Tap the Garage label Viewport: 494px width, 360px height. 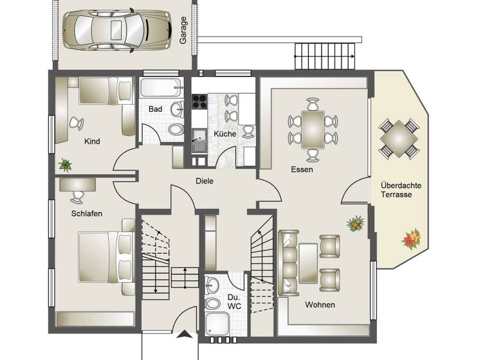tap(183, 30)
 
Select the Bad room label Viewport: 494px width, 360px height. tap(155, 109)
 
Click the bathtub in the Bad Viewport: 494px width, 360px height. tap(160, 87)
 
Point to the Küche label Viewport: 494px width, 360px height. tap(225, 134)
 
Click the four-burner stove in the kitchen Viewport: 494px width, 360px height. tap(199, 101)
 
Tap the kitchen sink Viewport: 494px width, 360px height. tap(198, 140)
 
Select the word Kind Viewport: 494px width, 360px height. tap(92, 141)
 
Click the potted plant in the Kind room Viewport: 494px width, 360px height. tap(65, 165)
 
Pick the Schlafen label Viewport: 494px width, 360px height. tap(87, 213)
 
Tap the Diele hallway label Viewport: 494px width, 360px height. tap(205, 181)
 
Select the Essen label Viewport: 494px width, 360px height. tap(302, 170)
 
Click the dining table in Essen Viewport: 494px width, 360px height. tap(313, 129)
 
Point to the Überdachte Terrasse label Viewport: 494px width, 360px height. tap(401, 190)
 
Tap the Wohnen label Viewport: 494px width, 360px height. tap(320, 305)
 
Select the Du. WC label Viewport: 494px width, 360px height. tap(233, 301)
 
